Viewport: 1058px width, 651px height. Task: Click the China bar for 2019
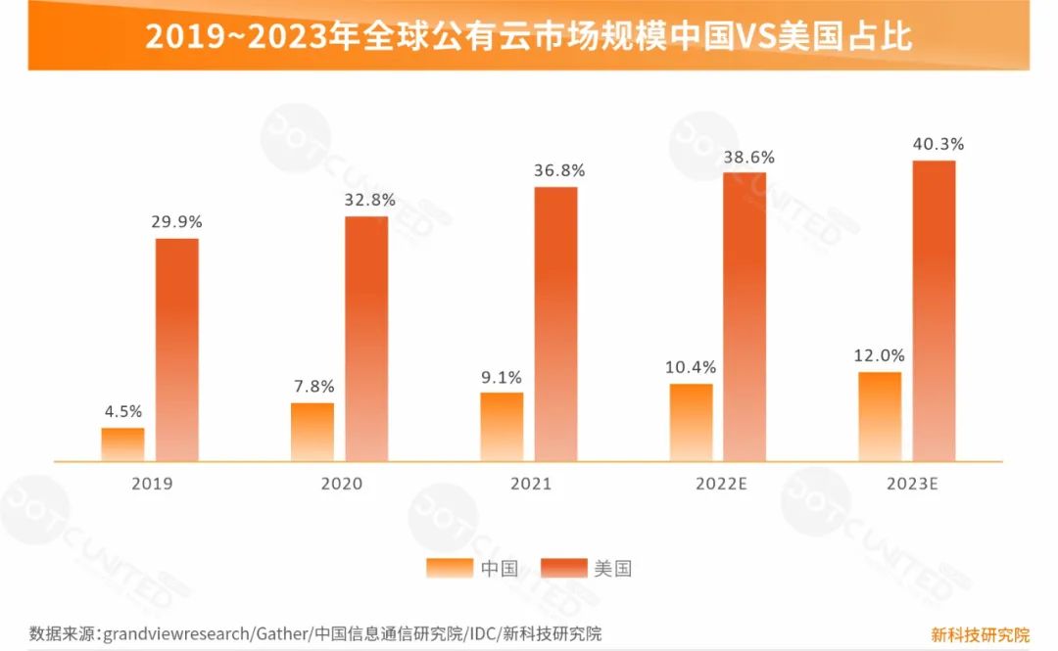[x=122, y=444]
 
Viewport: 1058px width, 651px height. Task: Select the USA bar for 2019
[x=177, y=349]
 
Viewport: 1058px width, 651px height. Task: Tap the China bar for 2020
[x=313, y=432]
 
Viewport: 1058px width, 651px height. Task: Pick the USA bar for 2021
[x=555, y=323]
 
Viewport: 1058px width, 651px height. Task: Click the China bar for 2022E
[x=692, y=422]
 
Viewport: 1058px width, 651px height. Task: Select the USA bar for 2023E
[x=934, y=310]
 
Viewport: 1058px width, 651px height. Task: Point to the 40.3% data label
[x=938, y=144]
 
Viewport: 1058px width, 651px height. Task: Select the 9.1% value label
[x=503, y=376]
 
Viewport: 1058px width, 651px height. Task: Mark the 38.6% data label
[x=748, y=156]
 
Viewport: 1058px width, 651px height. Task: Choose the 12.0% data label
[x=879, y=355]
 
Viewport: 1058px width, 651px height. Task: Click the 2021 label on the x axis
[x=530, y=484]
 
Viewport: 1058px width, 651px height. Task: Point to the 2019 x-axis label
[x=151, y=484]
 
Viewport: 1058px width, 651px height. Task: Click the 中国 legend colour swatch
[x=450, y=569]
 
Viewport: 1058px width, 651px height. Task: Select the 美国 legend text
[x=612, y=569]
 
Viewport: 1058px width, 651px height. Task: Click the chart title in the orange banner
[x=529, y=36]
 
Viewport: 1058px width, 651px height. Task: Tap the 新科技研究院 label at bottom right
[x=980, y=633]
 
